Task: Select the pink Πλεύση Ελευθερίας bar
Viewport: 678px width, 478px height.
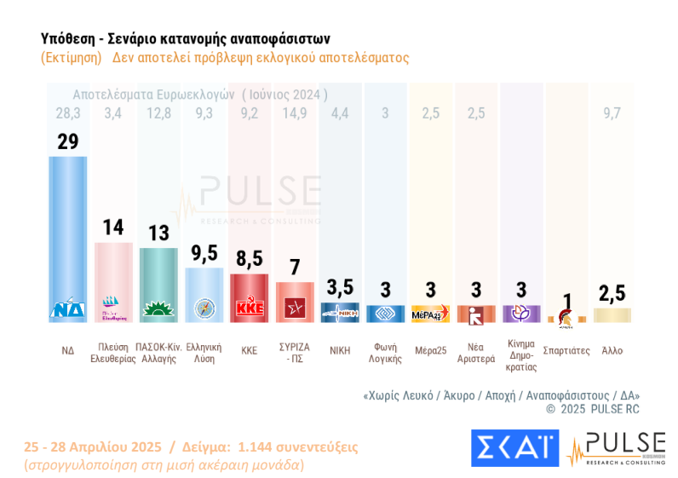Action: pyautogui.click(x=112, y=277)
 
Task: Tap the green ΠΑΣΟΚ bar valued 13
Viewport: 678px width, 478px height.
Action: pyautogui.click(x=158, y=281)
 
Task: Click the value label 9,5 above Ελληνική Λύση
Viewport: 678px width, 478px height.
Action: pyautogui.click(x=204, y=254)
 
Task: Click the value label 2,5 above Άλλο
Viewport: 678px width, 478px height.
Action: pyautogui.click(x=612, y=293)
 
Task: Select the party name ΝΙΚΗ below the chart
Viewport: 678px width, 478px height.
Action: pyautogui.click(x=341, y=349)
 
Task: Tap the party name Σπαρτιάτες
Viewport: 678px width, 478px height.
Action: pyautogui.click(x=566, y=350)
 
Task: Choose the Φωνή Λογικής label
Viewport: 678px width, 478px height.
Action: pyautogui.click(x=386, y=354)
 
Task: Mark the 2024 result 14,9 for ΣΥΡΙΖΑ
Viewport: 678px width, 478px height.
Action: pyautogui.click(x=295, y=113)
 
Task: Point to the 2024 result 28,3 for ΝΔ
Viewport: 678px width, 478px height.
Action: pyautogui.click(x=67, y=113)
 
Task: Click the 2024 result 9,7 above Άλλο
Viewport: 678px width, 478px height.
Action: pyautogui.click(x=612, y=113)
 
